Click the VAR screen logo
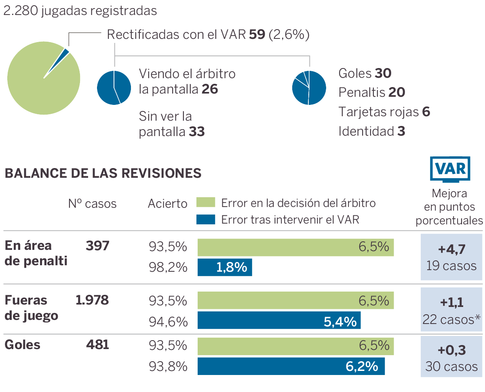(x=450, y=168)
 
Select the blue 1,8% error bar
(x=225, y=267)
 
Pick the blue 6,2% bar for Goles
(x=291, y=366)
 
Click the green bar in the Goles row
(x=295, y=345)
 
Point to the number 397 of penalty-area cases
(x=97, y=245)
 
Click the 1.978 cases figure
(x=92, y=300)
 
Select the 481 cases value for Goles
(x=97, y=345)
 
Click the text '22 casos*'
(x=451, y=319)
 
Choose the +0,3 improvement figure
(x=451, y=349)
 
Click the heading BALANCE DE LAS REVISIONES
(x=103, y=173)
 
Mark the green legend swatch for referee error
(x=206, y=202)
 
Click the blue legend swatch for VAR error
(x=206, y=219)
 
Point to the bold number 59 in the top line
(x=257, y=35)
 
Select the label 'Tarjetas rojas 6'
(x=384, y=112)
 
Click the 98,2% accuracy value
(x=168, y=267)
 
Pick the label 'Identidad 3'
(x=371, y=131)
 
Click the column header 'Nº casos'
(x=92, y=203)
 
